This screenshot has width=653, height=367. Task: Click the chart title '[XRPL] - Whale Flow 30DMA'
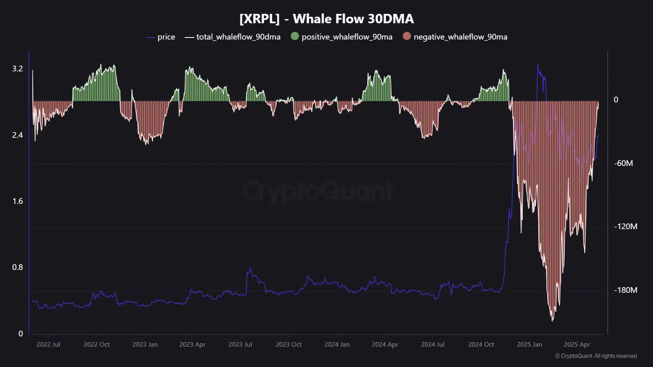pyautogui.click(x=326, y=19)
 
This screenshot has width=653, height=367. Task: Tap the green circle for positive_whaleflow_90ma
pyautogui.click(x=295, y=36)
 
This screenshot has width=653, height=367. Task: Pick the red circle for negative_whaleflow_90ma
pyautogui.click(x=406, y=36)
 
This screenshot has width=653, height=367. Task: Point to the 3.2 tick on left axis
pyautogui.click(x=18, y=69)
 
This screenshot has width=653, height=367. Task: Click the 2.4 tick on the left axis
pyautogui.click(x=18, y=135)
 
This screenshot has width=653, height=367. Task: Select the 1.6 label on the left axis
pyautogui.click(x=18, y=201)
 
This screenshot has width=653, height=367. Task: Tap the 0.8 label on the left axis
pyautogui.click(x=18, y=267)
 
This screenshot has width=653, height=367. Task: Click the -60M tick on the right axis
pyautogui.click(x=623, y=163)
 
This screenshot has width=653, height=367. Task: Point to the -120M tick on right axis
pyautogui.click(x=625, y=226)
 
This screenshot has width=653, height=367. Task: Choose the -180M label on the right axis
pyautogui.click(x=625, y=290)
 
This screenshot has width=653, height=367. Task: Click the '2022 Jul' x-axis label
pyautogui.click(x=48, y=344)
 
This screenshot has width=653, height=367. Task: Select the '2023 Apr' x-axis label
pyautogui.click(x=192, y=344)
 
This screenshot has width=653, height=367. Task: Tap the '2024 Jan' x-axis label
pyautogui.click(x=337, y=344)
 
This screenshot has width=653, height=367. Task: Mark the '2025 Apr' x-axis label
pyautogui.click(x=577, y=344)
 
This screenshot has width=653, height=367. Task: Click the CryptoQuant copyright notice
pyautogui.click(x=595, y=356)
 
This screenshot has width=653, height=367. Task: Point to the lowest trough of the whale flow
pyautogui.click(x=553, y=321)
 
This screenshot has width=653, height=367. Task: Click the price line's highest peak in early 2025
pyautogui.click(x=538, y=64)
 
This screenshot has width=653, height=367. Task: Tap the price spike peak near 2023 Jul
pyautogui.click(x=250, y=268)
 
